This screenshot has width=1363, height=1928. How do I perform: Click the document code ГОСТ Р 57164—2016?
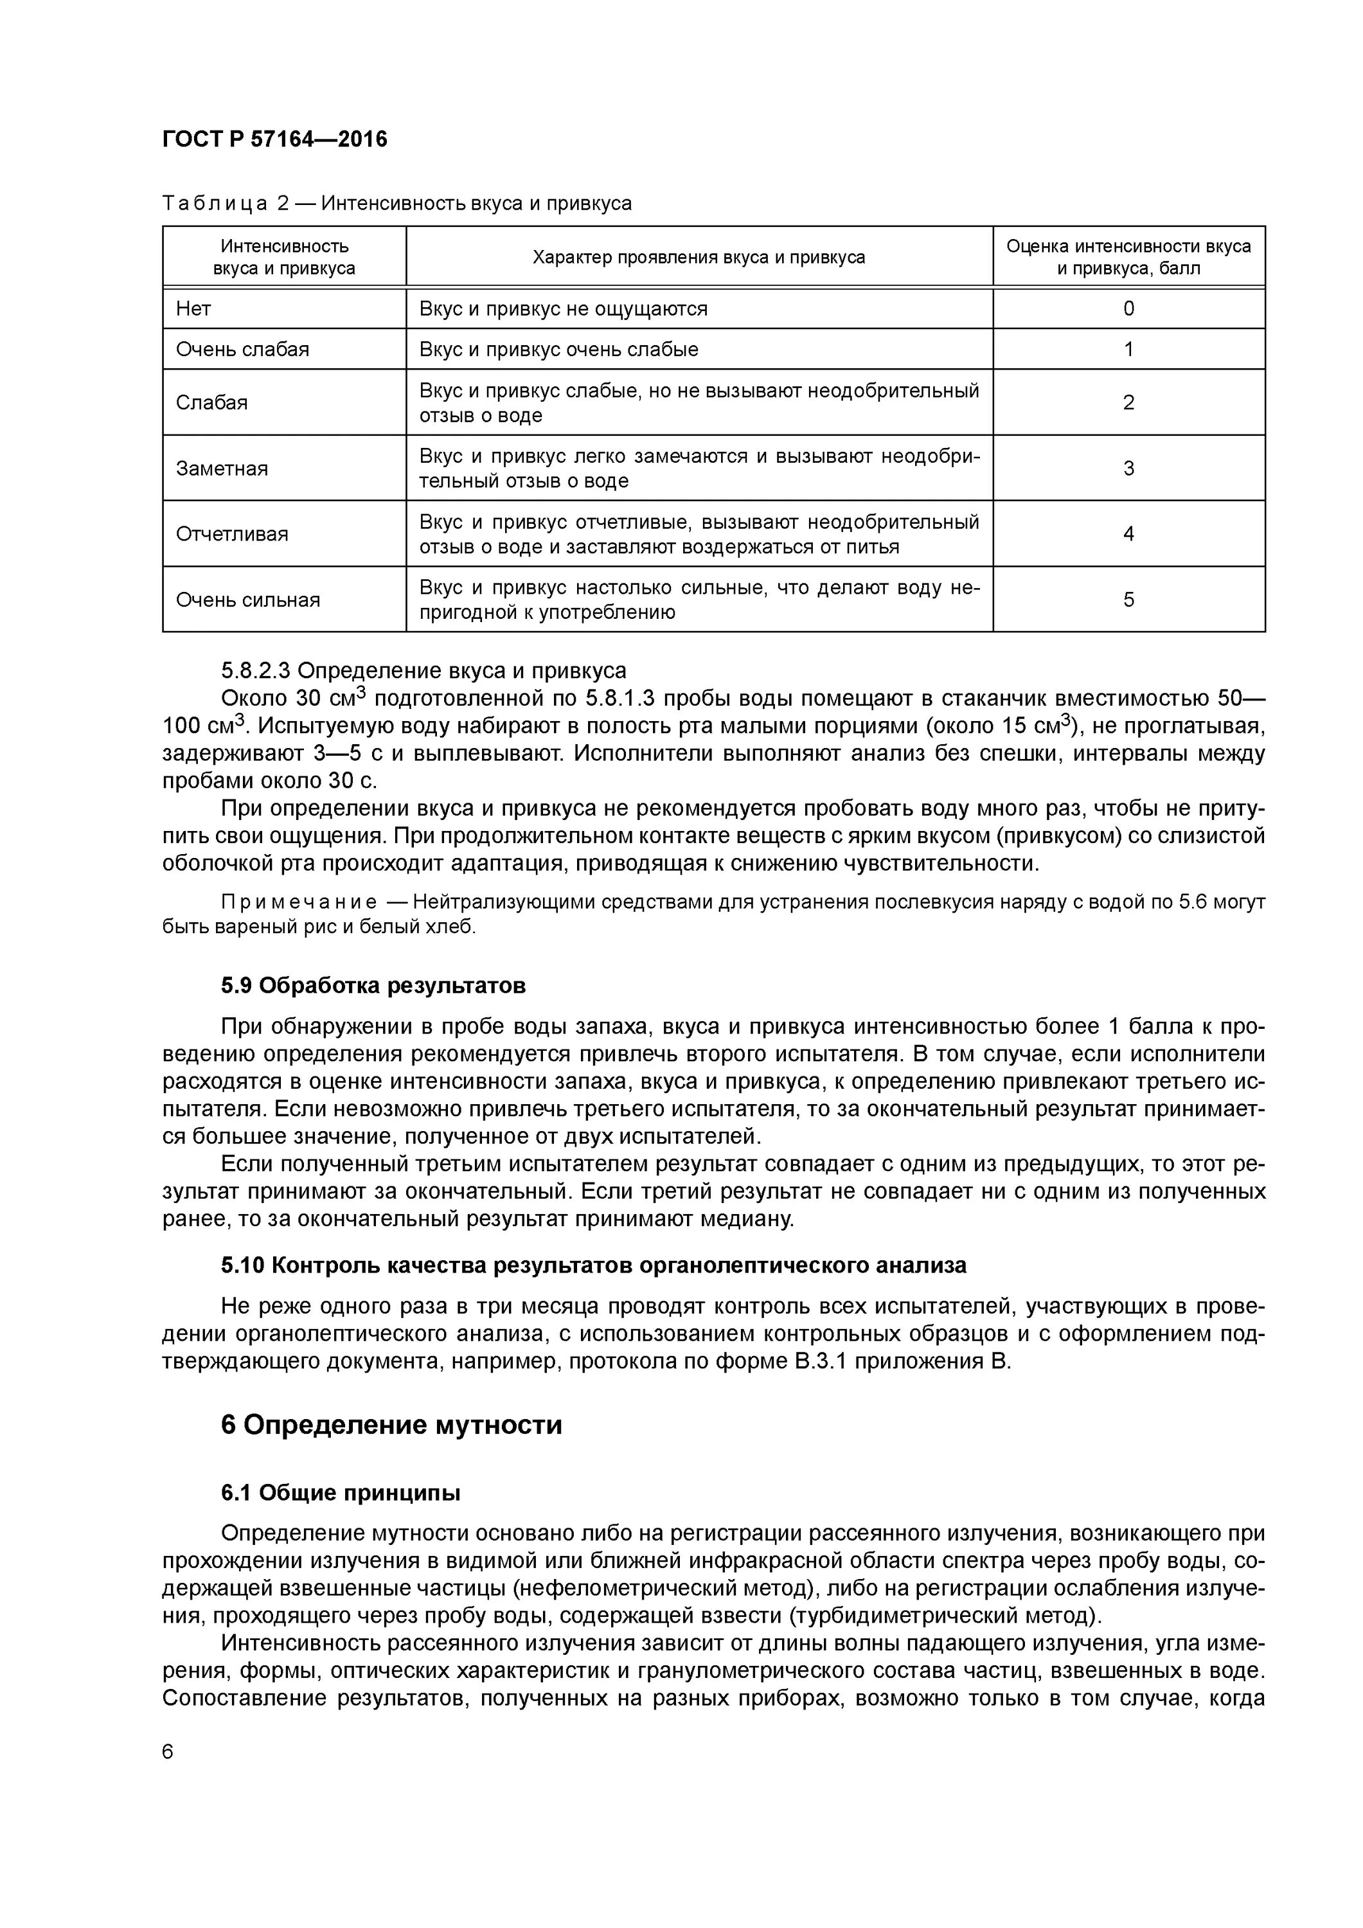(x=274, y=139)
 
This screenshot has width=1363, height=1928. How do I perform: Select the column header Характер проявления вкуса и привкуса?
(x=699, y=257)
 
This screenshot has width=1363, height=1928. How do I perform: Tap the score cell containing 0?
(x=1128, y=309)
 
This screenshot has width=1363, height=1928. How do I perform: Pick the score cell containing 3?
(x=1128, y=468)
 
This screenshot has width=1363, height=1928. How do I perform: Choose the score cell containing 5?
(x=1128, y=600)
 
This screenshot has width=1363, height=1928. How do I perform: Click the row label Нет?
(x=193, y=309)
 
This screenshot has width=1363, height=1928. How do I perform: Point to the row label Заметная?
(x=222, y=469)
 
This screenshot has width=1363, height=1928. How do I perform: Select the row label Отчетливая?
(x=232, y=534)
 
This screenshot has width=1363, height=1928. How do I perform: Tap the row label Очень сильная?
(x=248, y=600)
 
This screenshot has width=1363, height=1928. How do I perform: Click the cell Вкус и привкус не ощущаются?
(x=563, y=309)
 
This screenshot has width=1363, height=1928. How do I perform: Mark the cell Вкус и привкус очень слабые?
(x=558, y=350)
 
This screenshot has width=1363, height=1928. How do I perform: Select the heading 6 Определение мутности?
(x=391, y=1425)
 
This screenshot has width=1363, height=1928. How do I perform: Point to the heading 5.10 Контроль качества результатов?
(x=593, y=1265)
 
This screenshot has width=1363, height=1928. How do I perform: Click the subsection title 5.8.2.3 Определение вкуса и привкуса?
(x=423, y=670)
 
